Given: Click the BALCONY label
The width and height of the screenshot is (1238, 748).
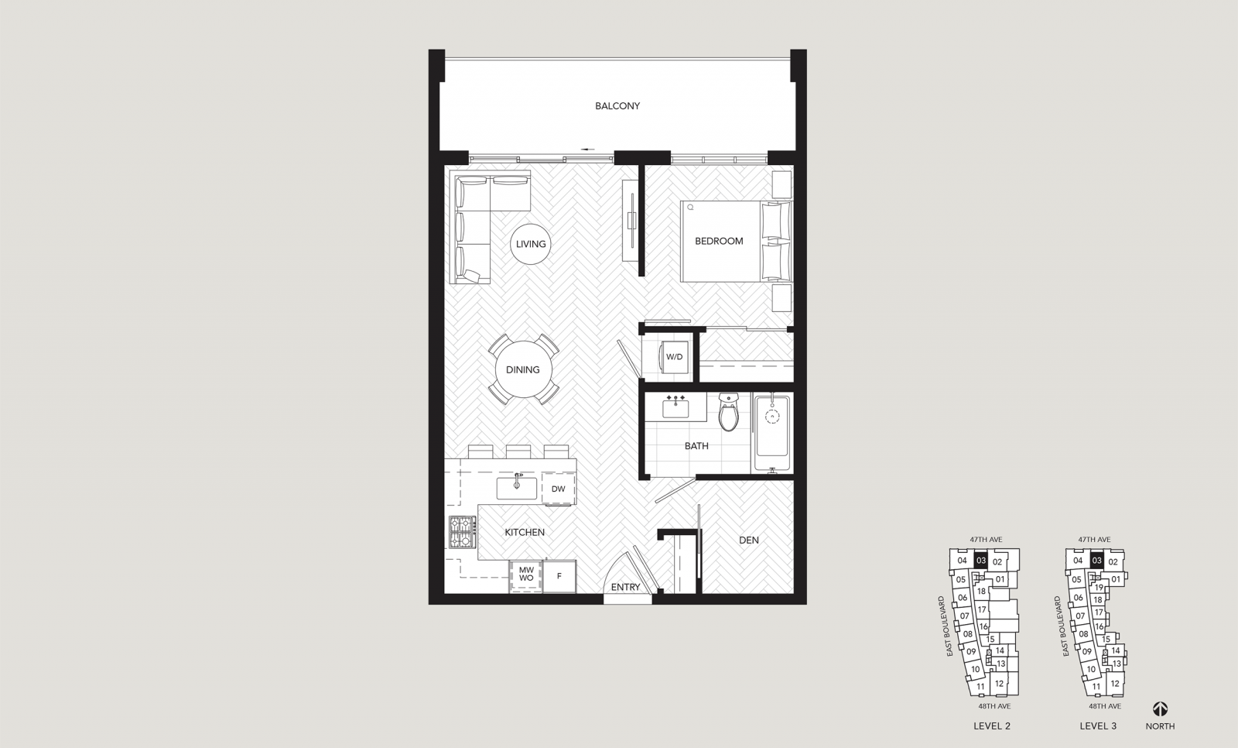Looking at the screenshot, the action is [617, 105].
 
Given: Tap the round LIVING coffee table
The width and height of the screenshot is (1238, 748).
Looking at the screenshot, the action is [531, 244].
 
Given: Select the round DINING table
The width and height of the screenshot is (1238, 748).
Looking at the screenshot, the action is [523, 369].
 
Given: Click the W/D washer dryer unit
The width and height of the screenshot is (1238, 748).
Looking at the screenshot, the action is [674, 357].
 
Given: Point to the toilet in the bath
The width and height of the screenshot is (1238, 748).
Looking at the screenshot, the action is [728, 412].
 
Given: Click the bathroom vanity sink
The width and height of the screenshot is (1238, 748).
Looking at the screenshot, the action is [675, 408].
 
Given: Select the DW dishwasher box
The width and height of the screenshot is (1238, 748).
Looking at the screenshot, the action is [558, 489].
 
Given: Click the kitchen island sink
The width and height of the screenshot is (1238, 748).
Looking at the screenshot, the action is [517, 488].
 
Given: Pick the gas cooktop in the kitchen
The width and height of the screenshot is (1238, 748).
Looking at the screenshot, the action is [462, 532].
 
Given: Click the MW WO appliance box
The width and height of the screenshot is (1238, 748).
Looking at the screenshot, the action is [526, 576].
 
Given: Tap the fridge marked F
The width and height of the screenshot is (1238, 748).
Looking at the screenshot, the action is [559, 577].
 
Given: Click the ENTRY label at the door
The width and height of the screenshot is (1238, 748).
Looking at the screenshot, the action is [626, 587].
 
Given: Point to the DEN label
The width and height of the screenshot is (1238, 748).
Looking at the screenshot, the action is [749, 540].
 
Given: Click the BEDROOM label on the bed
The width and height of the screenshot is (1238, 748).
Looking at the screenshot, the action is [719, 242].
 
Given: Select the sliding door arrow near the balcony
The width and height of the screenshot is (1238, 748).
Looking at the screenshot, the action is [588, 149].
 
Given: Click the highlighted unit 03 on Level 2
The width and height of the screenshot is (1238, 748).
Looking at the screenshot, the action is [980, 561].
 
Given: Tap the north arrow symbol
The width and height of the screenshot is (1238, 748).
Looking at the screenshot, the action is [1160, 709].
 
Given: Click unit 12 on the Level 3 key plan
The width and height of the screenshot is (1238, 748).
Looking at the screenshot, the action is [1115, 683].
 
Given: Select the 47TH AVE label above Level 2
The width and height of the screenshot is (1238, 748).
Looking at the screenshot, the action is [986, 540].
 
